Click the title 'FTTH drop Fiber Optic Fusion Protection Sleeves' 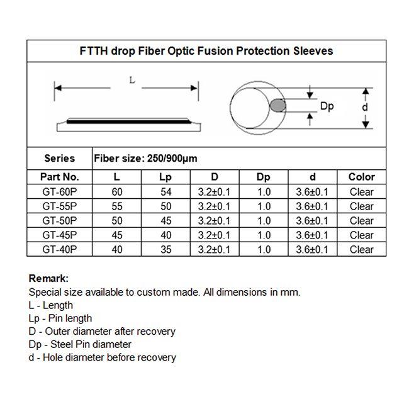pyautogui.click(x=206, y=51)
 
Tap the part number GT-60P pyautogui.click(x=60, y=192)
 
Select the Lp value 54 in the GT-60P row pyautogui.click(x=166, y=192)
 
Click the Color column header pyautogui.click(x=362, y=177)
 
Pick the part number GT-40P pyautogui.click(x=60, y=250)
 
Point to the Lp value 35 pyautogui.click(x=166, y=250)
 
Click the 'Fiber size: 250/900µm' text pyautogui.click(x=145, y=159)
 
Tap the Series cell pyautogui.click(x=60, y=159)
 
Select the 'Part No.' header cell pyautogui.click(x=60, y=177)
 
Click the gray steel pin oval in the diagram pyautogui.click(x=277, y=105)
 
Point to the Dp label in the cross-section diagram pyautogui.click(x=327, y=106)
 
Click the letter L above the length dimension pyautogui.click(x=132, y=80)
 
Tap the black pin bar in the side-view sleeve pyautogui.click(x=128, y=121)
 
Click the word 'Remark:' pyautogui.click(x=48, y=279)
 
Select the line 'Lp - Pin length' pyautogui.click(x=60, y=318)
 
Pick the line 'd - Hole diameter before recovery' pyautogui.click(x=102, y=357)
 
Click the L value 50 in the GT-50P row pyautogui.click(x=117, y=221)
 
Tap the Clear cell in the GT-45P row pyautogui.click(x=362, y=235)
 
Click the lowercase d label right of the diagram pyautogui.click(x=365, y=107)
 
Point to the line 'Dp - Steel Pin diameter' pyautogui.click(x=80, y=345)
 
